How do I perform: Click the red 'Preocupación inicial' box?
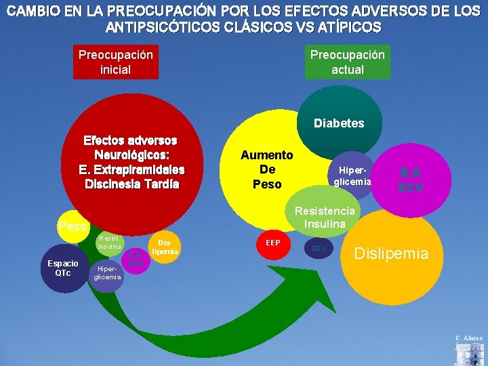116,62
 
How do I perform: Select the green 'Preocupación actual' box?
347,62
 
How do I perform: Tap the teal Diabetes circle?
338,123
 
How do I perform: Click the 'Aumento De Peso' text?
266,169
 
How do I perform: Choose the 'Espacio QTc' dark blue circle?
62,268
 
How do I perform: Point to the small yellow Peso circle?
72,225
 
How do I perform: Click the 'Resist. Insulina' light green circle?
108,243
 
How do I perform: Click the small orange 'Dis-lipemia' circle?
163,247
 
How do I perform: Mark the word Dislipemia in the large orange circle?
392,254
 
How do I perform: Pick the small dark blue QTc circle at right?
319,249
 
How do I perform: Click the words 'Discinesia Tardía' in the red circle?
131,183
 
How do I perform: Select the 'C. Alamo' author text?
470,337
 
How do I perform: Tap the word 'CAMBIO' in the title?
29,12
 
